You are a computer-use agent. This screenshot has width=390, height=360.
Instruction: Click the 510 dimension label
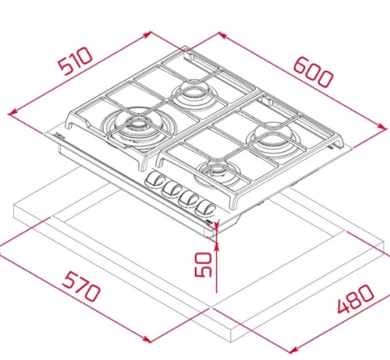coord(75,61)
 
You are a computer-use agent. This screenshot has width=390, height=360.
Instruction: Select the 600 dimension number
coord(313,72)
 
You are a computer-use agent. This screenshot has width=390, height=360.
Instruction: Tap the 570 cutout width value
coord(81,287)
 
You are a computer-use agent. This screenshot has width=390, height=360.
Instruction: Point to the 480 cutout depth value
coord(356,299)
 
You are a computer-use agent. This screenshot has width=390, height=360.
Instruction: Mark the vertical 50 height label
coord(204,264)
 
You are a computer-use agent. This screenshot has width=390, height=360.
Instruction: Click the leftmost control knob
coord(154,180)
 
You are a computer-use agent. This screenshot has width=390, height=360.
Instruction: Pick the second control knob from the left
coord(171,188)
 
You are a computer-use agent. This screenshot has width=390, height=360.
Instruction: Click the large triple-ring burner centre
coord(136,123)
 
